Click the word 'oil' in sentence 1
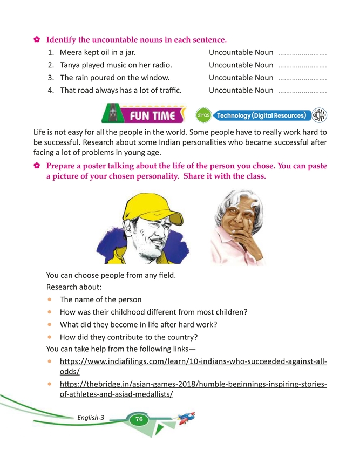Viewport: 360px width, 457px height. [111, 53]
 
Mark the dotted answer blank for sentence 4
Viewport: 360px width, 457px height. [303, 92]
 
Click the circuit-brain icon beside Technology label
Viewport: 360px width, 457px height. [319, 115]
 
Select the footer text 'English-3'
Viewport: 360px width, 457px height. [91, 418]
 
